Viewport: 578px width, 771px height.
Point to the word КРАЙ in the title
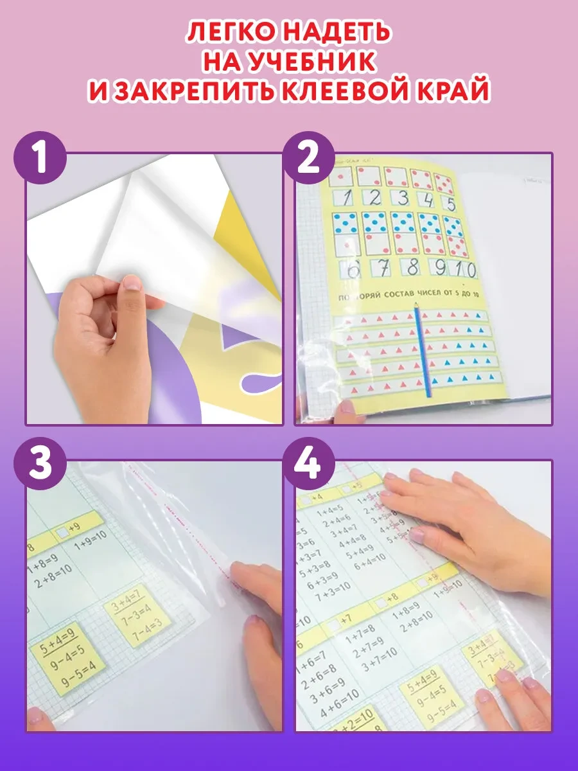coord(448,91)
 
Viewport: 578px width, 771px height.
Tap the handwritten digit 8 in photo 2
coord(412,267)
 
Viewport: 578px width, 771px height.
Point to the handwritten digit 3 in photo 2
coord(403,197)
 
